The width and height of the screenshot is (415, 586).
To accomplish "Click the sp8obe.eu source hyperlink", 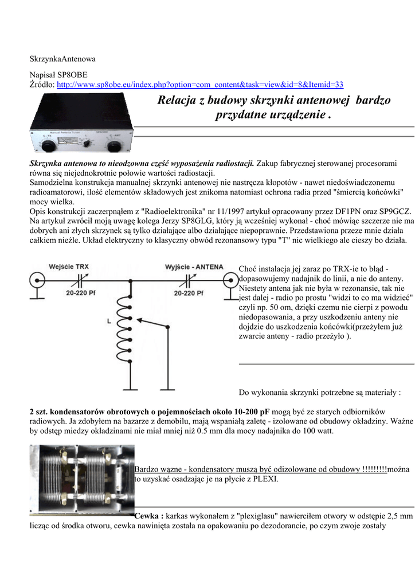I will point(201,85).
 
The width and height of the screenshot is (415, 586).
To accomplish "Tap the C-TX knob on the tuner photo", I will point(48,145).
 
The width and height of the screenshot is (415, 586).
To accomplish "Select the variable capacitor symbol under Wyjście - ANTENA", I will point(190,280).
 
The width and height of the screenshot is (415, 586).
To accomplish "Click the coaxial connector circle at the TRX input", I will point(37,281).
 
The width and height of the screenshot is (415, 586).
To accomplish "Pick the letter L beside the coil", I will point(109,322).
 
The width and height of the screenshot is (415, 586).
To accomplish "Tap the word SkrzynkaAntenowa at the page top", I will point(62,59).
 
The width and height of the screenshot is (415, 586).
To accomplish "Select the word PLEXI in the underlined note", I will point(267,479).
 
